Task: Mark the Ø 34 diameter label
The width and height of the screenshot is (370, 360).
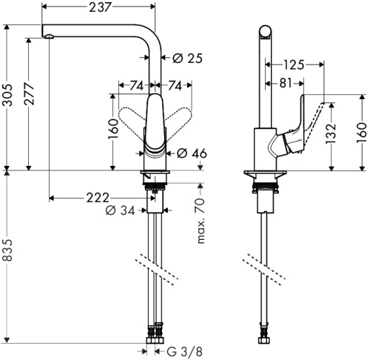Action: click(x=120, y=212)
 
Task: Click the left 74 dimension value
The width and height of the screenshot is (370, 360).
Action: click(x=136, y=85)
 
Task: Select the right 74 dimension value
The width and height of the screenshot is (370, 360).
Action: click(x=175, y=85)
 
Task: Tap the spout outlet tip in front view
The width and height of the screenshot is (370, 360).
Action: click(x=48, y=35)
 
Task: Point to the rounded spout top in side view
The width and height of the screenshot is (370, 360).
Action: click(x=265, y=31)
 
